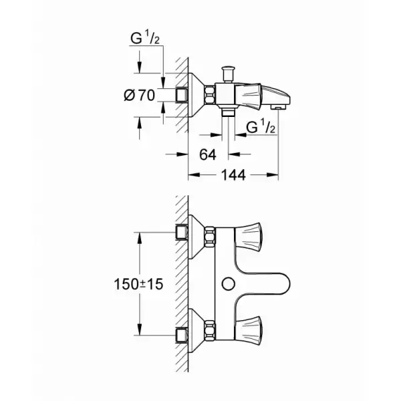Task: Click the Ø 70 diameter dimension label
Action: (140, 96)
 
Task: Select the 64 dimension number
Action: (208, 154)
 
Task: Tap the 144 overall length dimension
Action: (233, 175)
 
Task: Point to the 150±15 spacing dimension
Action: (138, 284)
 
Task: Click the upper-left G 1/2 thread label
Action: (145, 38)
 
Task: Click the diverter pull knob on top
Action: (228, 74)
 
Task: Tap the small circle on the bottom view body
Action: (229, 284)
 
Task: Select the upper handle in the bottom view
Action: (248, 235)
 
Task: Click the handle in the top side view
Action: (248, 96)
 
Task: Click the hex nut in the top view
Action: (209, 95)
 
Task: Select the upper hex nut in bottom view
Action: (209, 235)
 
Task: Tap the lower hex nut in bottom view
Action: (209, 329)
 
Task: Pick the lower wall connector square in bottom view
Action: (182, 336)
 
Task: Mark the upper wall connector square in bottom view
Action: (182, 232)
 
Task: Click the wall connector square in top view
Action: (182, 96)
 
